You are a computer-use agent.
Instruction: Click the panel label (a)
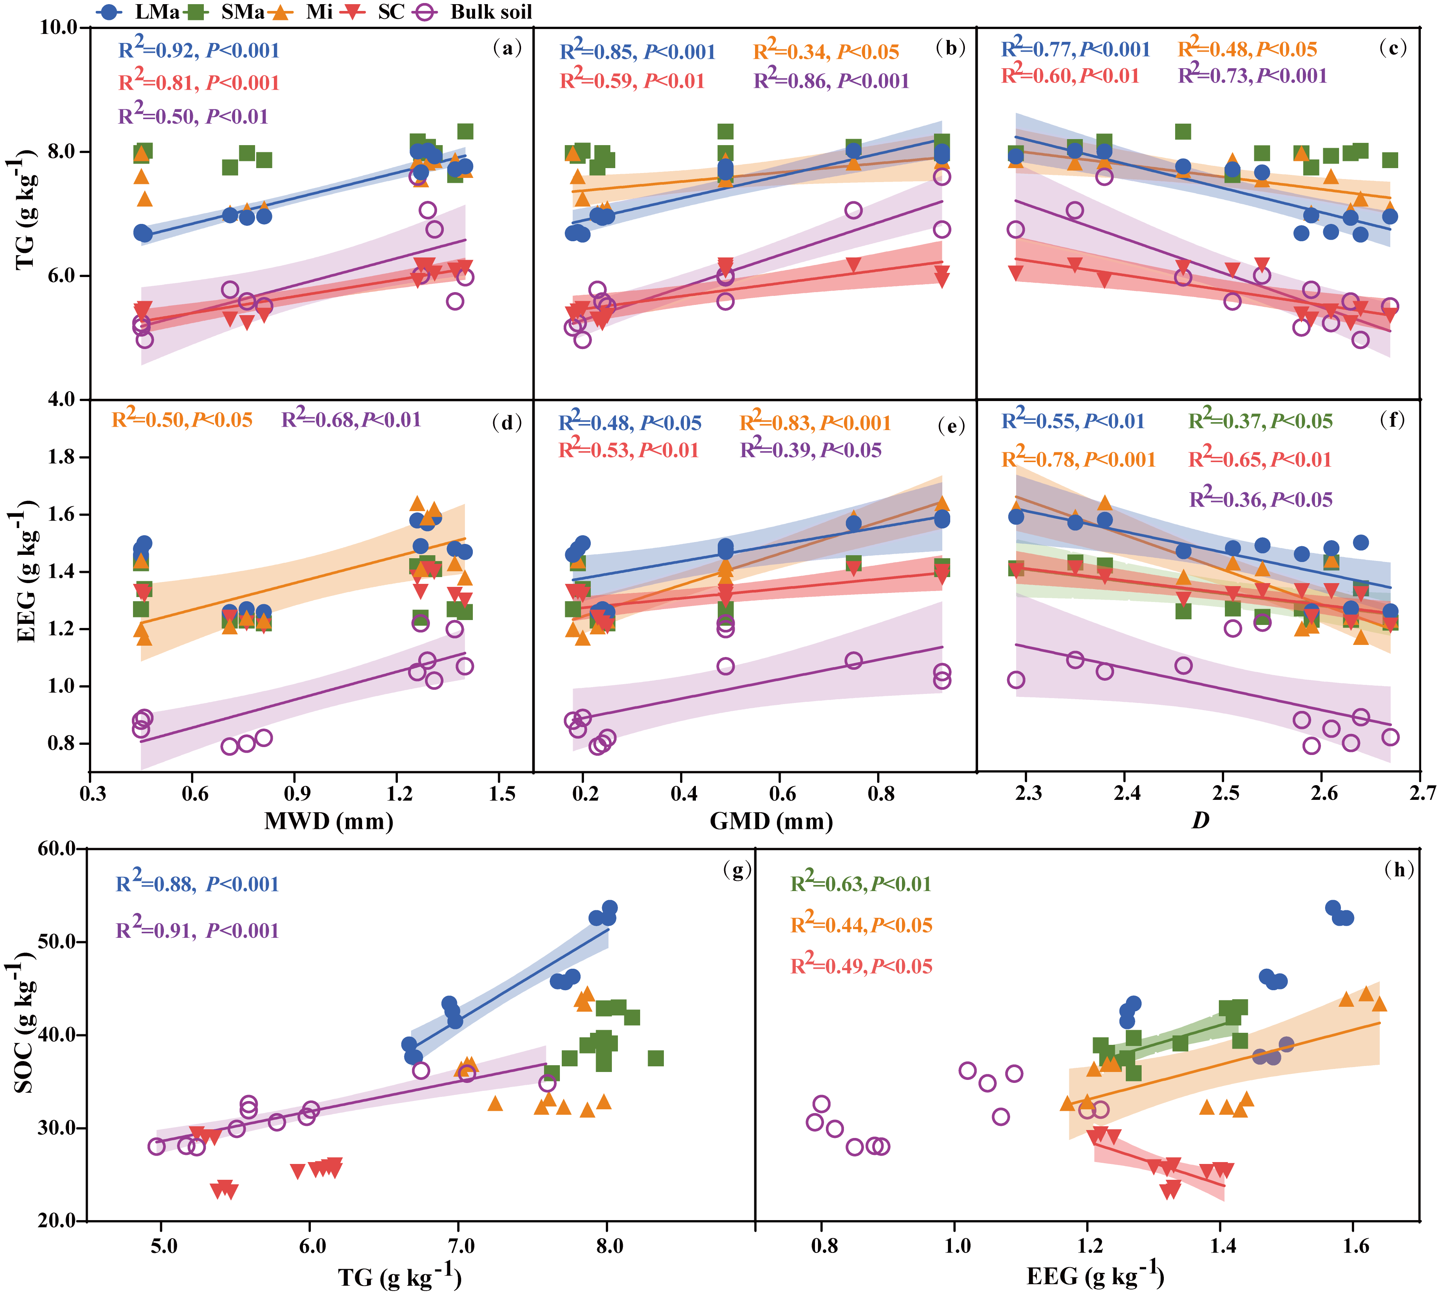[507, 48]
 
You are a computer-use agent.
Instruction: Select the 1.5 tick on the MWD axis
[502, 793]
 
